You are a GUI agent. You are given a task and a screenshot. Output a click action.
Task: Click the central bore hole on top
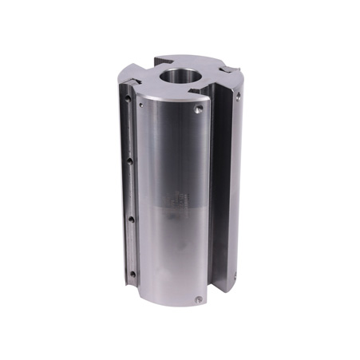(180, 78)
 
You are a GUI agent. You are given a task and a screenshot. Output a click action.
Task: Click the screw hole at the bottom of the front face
(198, 300)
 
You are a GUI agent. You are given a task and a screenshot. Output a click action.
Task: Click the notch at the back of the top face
(164, 59)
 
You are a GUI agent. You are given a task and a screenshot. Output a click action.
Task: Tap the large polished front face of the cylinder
(172, 200)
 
